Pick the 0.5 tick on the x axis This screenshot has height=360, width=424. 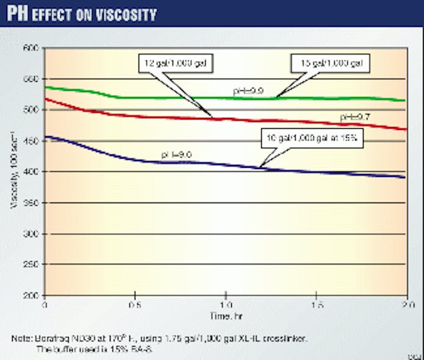pyautogui.click(x=135, y=303)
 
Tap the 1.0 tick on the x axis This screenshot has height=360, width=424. pyautogui.click(x=226, y=303)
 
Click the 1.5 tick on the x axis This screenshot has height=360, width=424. pyautogui.click(x=317, y=303)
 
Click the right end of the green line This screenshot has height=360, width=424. pyautogui.click(x=406, y=101)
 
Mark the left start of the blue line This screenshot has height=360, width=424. pyautogui.click(x=46, y=137)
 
